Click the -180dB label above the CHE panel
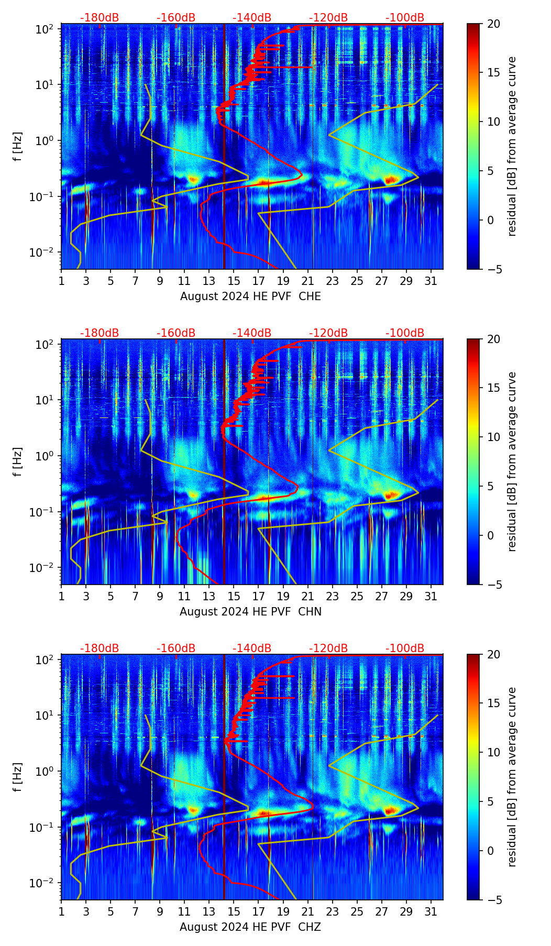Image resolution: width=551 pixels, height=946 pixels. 100,18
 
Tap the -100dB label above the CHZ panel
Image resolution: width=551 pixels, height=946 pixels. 405,648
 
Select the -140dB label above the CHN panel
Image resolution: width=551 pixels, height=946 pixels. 252,333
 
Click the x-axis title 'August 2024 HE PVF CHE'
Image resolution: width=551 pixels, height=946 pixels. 250,296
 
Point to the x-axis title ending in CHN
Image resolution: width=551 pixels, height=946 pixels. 250,612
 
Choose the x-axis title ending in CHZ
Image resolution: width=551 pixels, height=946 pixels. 250,927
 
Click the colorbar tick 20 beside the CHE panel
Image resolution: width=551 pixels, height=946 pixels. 493,24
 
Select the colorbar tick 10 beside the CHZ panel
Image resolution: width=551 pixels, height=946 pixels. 493,753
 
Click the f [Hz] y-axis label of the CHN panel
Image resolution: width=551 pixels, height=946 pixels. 18,461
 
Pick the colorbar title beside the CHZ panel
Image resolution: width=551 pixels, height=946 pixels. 512,777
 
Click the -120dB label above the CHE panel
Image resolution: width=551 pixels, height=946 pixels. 328,18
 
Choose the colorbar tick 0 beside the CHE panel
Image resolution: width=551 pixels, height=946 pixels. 490,220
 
